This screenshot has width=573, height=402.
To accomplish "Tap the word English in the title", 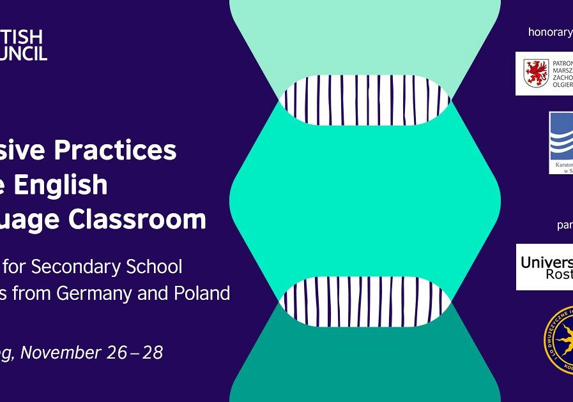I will pos(70,185).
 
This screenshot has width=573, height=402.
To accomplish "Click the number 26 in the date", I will pos(118,353).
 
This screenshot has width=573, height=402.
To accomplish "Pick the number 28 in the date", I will pos(153,353).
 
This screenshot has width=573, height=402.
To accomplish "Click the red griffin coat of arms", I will pos(535,73).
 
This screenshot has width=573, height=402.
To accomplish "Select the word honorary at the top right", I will pos(549,32).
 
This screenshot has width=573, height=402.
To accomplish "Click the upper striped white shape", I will pos(365,100).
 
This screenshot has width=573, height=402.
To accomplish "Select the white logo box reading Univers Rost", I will pos(545,267).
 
